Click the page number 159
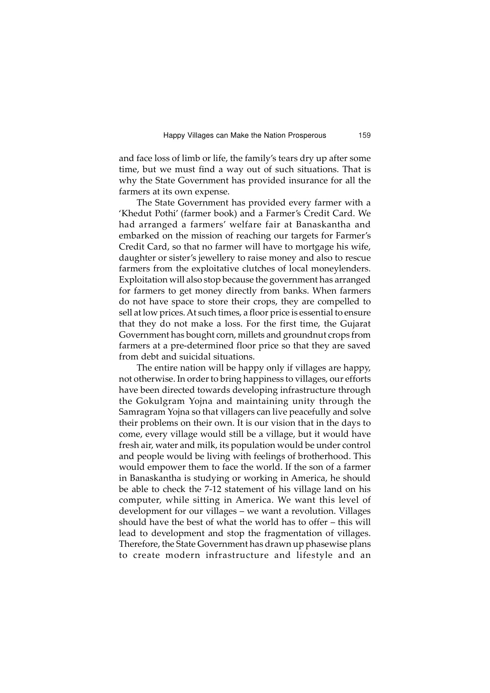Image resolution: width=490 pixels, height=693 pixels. [364, 135]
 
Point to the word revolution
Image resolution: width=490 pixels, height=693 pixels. [310, 511]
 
